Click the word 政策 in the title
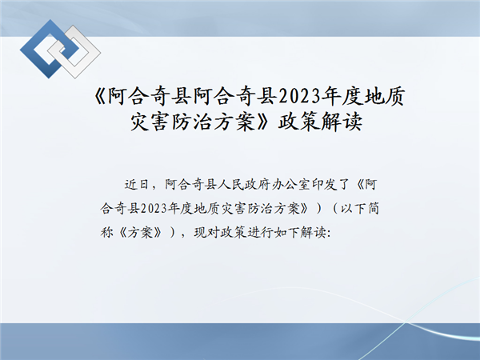[x=298, y=122]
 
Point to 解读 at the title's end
[x=342, y=122]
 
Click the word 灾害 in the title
[x=151, y=122]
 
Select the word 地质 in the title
[x=385, y=97]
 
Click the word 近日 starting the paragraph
[x=137, y=185]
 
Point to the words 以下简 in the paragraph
[x=360, y=209]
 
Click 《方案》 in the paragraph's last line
[x=140, y=233]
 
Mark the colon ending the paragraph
[x=329, y=234]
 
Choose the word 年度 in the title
[x=342, y=97]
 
